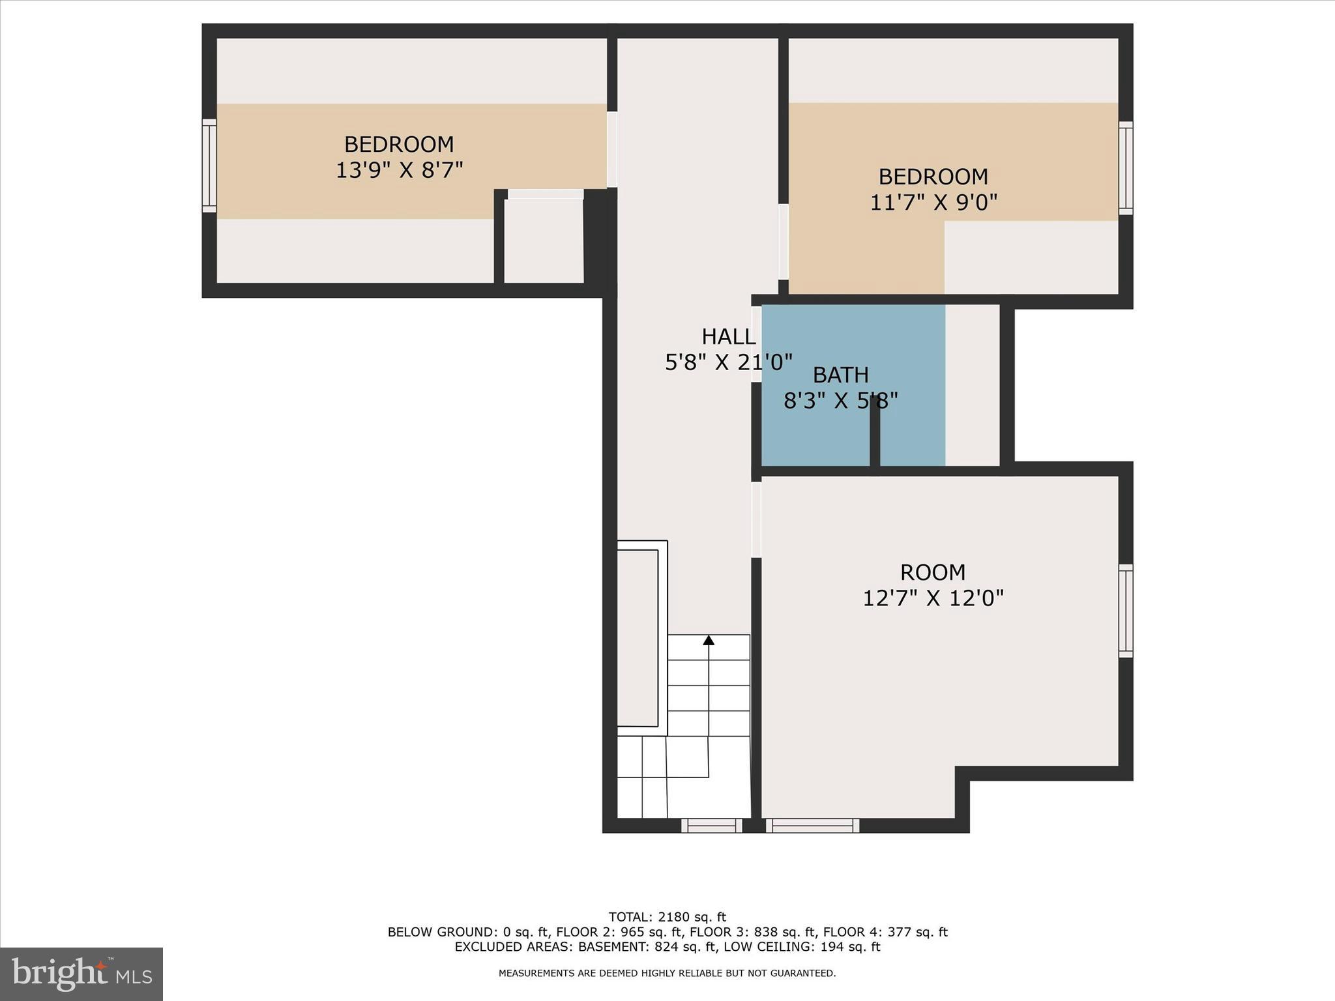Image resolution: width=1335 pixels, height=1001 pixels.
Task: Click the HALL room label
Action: (x=728, y=336)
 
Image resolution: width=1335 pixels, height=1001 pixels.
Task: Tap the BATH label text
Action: (x=840, y=375)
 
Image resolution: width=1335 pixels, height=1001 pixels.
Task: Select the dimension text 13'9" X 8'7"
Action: (x=399, y=170)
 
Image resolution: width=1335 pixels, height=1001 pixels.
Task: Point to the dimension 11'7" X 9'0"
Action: (x=933, y=203)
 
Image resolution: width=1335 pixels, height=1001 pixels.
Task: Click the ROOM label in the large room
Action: (x=932, y=572)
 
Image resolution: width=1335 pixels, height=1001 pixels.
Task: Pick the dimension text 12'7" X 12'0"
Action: (x=933, y=598)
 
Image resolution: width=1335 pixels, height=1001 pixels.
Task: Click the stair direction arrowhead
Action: (x=709, y=640)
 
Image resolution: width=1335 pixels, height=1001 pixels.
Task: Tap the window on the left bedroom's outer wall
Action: (x=209, y=166)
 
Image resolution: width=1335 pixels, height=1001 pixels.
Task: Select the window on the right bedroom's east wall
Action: (x=1126, y=168)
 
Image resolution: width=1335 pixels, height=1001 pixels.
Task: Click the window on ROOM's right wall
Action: (x=1126, y=611)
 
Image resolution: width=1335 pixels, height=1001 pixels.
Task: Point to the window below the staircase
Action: (x=711, y=826)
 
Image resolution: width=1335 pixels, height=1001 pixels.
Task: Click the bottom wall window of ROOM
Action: (x=812, y=826)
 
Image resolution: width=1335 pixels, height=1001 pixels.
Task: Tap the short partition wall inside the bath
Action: (x=875, y=431)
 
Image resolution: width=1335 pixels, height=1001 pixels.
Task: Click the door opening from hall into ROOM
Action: (x=756, y=519)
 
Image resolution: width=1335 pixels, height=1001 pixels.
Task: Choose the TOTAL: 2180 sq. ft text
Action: (x=667, y=917)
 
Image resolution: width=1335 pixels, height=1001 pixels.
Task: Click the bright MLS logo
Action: (x=81, y=974)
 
